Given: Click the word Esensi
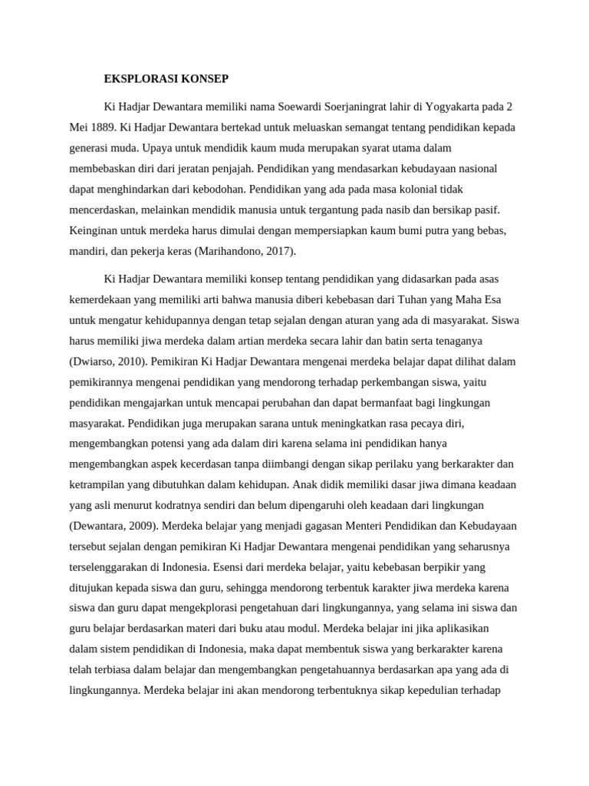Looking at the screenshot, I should pos(229,566).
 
